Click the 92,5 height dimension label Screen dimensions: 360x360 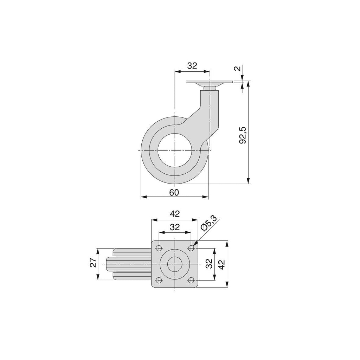[243, 135]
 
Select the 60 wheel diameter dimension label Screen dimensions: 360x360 [174, 193]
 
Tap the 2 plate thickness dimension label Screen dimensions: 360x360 [238, 68]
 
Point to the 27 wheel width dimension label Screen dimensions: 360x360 [93, 262]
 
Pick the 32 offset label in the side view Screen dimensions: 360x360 [192, 66]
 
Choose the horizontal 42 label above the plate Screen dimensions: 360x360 [175, 214]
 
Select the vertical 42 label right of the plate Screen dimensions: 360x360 [221, 264]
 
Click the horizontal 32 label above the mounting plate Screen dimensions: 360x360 [175, 227]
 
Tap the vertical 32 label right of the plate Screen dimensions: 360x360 [209, 264]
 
